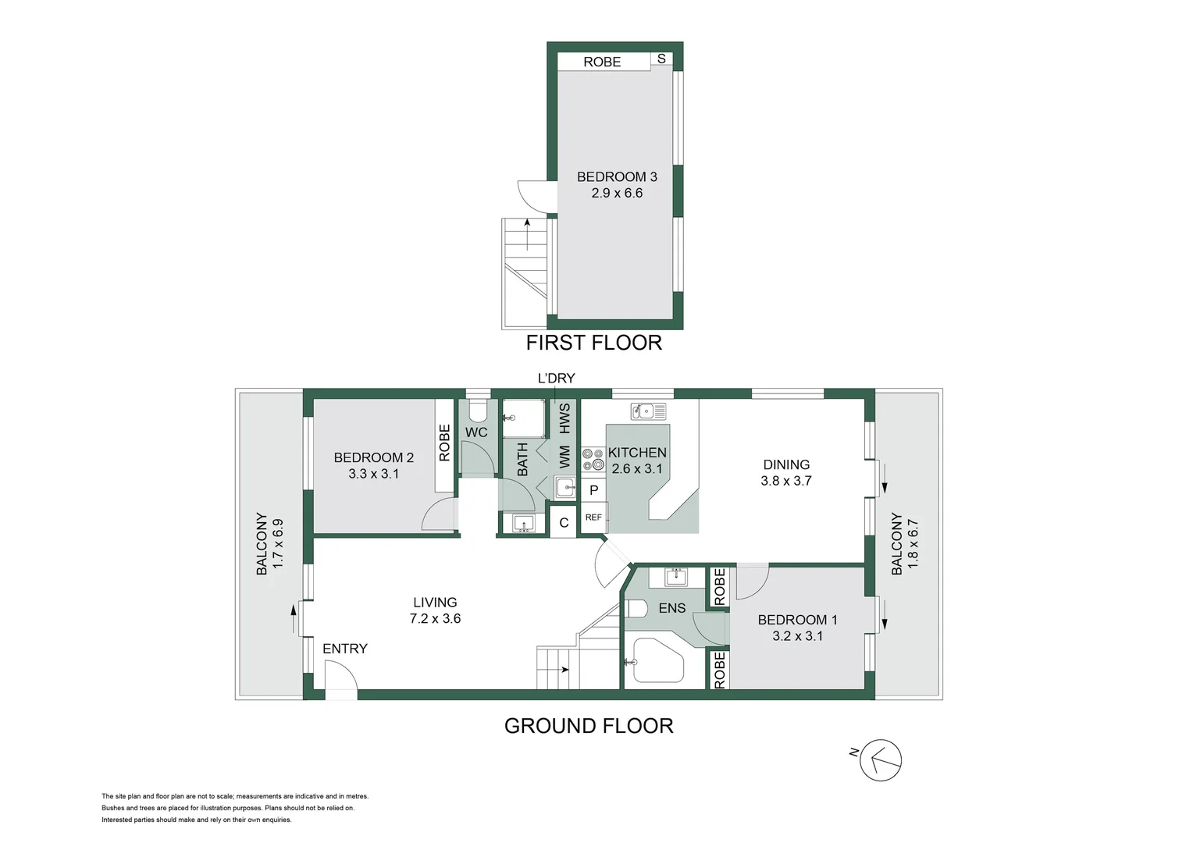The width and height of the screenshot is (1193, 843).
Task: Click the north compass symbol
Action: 880,759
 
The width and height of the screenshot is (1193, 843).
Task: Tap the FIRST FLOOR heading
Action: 593,343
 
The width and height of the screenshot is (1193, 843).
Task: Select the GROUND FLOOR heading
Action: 589,726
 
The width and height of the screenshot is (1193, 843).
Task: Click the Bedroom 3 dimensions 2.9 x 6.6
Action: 617,194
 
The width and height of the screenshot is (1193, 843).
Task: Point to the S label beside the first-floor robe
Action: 662,59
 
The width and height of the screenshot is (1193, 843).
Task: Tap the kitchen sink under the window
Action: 648,411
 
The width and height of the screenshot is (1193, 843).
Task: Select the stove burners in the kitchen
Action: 593,459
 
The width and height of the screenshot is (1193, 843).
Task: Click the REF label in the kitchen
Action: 593,518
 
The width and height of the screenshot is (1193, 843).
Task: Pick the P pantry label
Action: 593,490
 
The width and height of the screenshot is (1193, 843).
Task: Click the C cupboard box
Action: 564,523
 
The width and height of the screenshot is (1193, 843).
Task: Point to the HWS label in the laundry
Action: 564,418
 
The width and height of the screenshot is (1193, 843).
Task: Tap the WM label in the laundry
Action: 564,457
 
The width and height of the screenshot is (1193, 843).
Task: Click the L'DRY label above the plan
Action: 556,379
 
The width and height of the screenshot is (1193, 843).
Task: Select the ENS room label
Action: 672,608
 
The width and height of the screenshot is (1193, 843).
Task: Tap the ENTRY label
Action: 344,649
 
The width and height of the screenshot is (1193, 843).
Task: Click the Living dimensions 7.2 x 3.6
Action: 435,619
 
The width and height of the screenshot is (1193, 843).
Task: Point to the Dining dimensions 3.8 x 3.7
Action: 786,482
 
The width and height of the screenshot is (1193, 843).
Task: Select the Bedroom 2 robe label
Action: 445,443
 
